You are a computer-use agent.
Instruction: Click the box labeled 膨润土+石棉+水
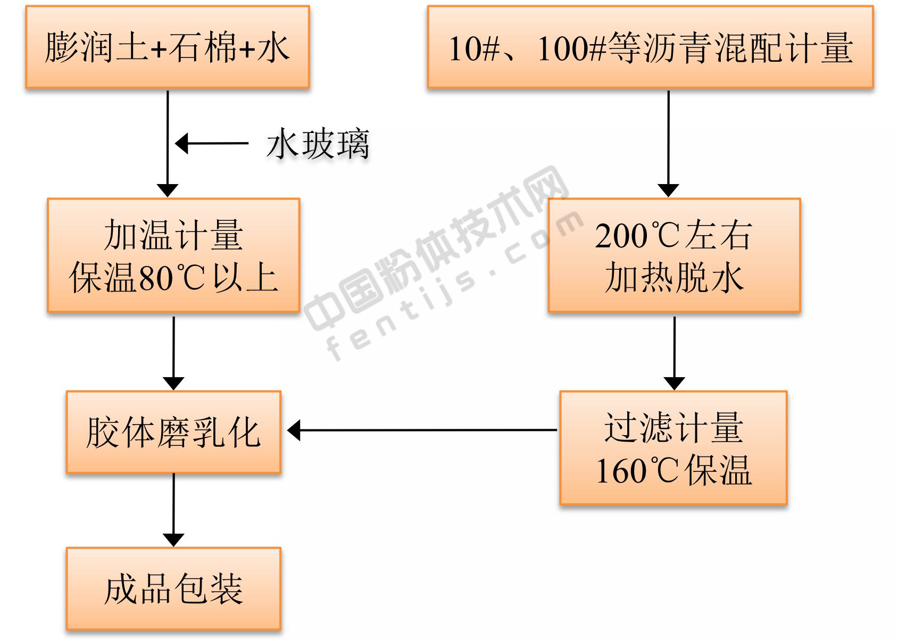coord(168,47)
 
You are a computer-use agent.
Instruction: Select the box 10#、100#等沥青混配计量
coord(650,47)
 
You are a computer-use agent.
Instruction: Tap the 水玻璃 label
coord(318,144)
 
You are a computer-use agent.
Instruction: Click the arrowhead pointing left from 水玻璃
coord(182,143)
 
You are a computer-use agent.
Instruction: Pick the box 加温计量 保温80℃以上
coord(173,255)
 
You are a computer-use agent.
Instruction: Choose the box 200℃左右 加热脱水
coord(675,255)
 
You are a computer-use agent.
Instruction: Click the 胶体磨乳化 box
coord(173,432)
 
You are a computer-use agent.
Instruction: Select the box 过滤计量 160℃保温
coord(673,448)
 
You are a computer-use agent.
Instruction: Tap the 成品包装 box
coord(173,589)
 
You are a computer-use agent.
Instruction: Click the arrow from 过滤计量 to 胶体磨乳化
coord(422,430)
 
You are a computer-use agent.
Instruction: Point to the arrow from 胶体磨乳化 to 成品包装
coord(173,510)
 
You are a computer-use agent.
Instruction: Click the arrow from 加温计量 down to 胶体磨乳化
coord(173,353)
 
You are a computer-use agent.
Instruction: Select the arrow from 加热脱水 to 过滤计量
coord(675,353)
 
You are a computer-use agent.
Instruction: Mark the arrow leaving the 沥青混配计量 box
coord(668,144)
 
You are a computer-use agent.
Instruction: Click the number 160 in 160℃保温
coord(621,471)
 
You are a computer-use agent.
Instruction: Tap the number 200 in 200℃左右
coord(621,236)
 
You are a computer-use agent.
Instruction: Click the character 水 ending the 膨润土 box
coord(273,48)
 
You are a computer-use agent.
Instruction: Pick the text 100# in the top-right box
coord(571,48)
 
